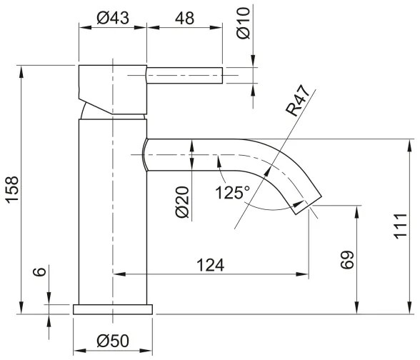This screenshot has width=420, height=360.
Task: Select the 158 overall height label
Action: pos(12,191)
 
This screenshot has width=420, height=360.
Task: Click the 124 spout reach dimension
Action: pos(211,264)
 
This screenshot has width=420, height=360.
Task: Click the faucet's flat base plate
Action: pos(113,309)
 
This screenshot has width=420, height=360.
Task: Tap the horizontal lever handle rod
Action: pos(186,74)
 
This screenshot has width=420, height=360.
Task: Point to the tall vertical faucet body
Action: pos(112,214)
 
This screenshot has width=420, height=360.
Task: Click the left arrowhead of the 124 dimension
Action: pos(119,274)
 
